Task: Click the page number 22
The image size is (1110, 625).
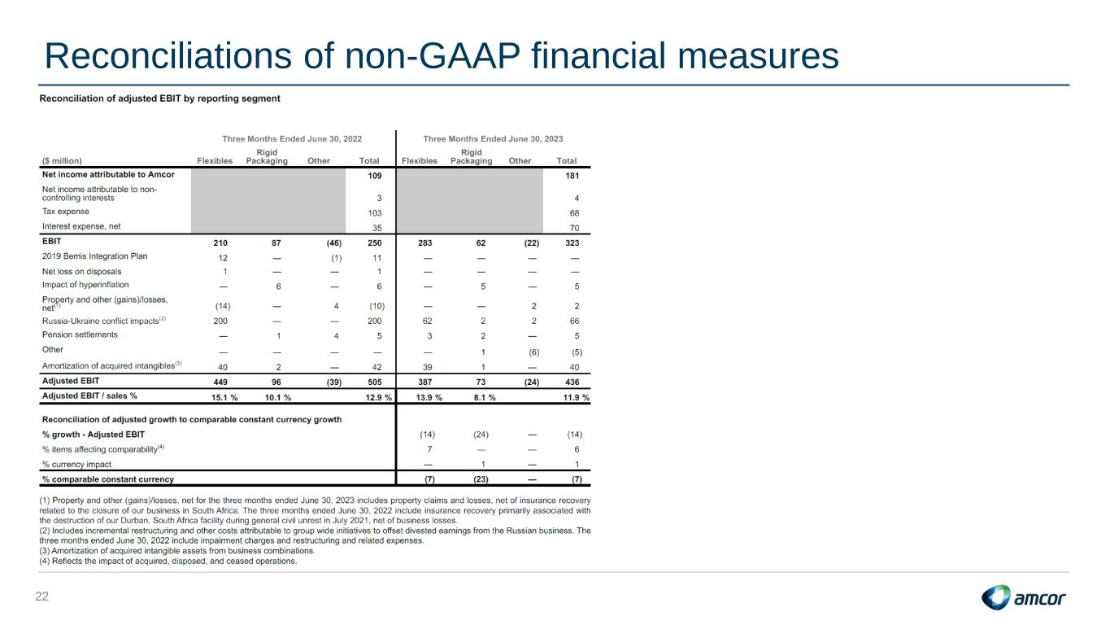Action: [x=41, y=597]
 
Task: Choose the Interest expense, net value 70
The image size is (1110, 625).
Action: [x=574, y=228]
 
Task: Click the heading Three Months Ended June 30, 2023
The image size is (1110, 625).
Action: [x=493, y=138]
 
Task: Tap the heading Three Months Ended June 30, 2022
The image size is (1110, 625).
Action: [x=292, y=138]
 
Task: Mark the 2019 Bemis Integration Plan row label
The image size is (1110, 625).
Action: [x=95, y=256]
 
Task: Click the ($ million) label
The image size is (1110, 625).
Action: [x=62, y=160]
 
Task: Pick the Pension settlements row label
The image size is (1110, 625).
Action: [x=80, y=335]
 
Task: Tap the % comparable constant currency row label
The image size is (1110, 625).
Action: [x=108, y=479]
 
